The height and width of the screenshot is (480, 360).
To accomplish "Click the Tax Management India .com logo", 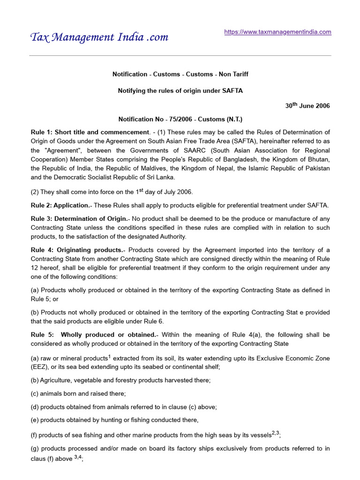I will point(99,37).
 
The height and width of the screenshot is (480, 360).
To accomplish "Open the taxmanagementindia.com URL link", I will point(277,32).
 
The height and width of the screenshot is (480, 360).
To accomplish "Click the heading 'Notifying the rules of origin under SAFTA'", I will point(180,90).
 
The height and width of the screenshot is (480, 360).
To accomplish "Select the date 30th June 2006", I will point(307,105).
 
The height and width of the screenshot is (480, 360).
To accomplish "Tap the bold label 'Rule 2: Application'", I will point(60,205).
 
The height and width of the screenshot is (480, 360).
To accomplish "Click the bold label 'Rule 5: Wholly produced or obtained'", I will point(93,335).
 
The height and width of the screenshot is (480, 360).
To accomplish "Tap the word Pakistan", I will point(315,168).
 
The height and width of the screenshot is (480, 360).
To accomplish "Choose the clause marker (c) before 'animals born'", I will point(35,394).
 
